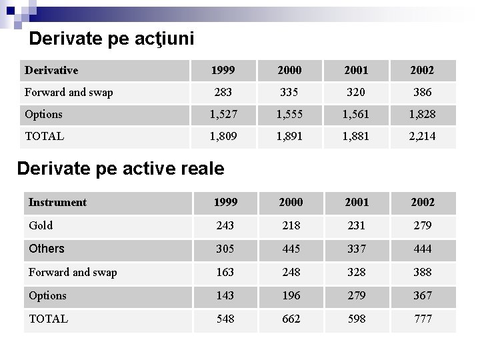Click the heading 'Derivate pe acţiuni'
[x=111, y=39]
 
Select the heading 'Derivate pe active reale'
[x=120, y=169]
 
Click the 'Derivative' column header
[x=51, y=70]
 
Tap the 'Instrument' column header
[x=57, y=202]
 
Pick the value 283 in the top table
[x=222, y=92]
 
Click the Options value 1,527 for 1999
[x=222, y=114]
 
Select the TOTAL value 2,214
[x=423, y=136]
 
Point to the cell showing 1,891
[x=289, y=136]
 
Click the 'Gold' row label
[x=41, y=225]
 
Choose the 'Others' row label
[x=47, y=249]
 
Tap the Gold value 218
[x=291, y=225]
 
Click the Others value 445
[x=291, y=249]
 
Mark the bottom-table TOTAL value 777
[x=423, y=319]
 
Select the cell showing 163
[x=225, y=272]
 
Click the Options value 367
[x=423, y=295]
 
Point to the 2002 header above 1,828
[x=423, y=70]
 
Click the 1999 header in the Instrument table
[x=225, y=202]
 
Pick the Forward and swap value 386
[x=423, y=92]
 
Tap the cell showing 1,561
[x=356, y=114]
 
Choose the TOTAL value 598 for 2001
[x=357, y=319]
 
